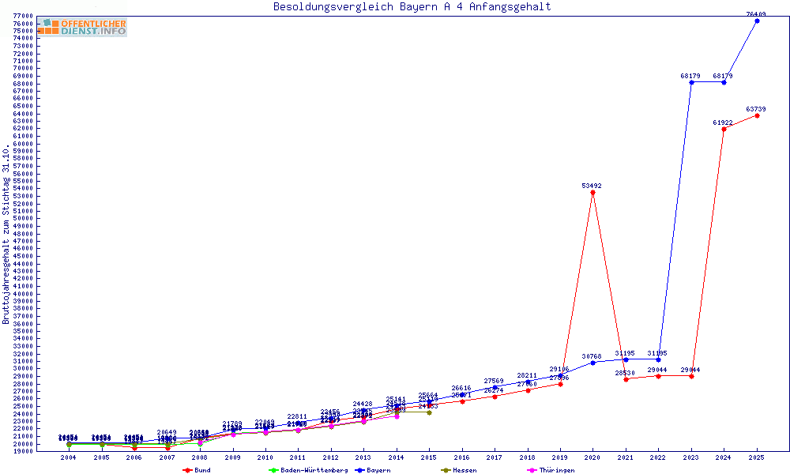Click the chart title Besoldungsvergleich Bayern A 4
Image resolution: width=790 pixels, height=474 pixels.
pos(412,7)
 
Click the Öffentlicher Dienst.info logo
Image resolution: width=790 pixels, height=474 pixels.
pos(82,28)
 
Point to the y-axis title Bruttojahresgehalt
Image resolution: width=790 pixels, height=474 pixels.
pos(6,234)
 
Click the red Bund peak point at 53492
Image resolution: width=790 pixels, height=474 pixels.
pos(592,193)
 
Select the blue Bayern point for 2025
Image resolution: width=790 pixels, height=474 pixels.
pos(757,21)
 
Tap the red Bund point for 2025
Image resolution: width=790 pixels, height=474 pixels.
pos(757,115)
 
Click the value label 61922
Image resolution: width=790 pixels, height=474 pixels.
pos(722,122)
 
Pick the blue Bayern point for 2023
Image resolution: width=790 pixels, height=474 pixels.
pos(691,82)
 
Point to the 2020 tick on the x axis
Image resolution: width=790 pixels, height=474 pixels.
pos(592,457)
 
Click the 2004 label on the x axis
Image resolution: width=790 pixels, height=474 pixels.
pos(69,457)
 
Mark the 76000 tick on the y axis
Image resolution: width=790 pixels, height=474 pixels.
pos(24,24)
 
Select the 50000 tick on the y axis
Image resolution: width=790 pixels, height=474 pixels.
pos(24,219)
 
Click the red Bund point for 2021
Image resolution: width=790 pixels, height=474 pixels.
pos(626,379)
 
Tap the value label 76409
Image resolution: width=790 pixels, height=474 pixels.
pos(756,13)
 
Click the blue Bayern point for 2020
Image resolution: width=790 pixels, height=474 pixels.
pos(592,363)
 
